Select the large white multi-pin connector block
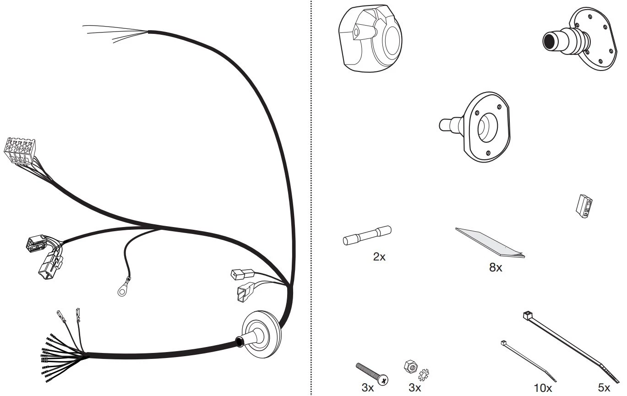(18, 151)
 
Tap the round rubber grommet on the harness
(261, 334)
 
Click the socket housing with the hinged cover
(370, 39)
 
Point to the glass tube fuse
(367, 235)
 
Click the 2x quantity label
(379, 257)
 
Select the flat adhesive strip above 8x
(490, 243)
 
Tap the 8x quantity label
(496, 267)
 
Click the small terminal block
(584, 206)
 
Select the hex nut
(411, 366)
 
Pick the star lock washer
(424, 375)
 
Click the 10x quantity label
(543, 388)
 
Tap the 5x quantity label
(604, 388)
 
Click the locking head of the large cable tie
(527, 315)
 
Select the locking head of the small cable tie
(503, 343)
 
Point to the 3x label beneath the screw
(367, 388)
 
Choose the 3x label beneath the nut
(414, 388)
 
